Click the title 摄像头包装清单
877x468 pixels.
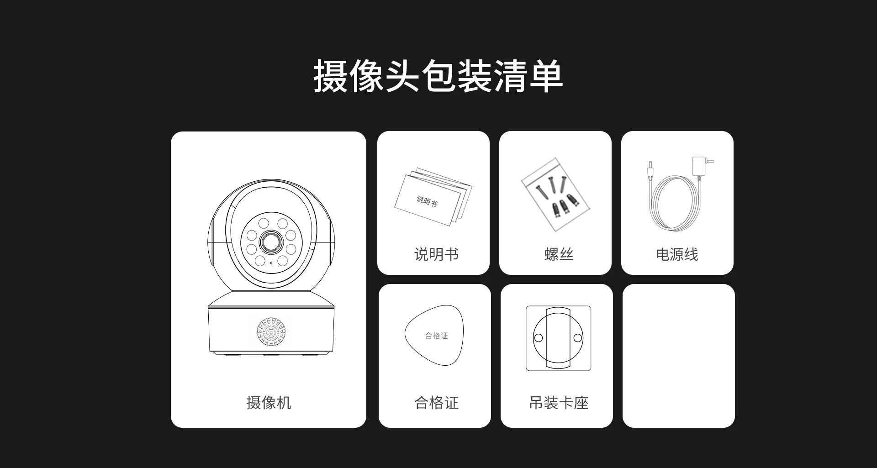pos(438,76)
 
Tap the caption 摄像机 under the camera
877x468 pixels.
pos(269,403)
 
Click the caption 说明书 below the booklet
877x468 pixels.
pos(436,254)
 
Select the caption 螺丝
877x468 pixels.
pos(559,254)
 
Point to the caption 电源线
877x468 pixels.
pos(677,254)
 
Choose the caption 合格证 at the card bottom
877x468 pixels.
pos(436,403)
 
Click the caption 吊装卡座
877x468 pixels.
pos(559,403)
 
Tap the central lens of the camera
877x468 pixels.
pos(271,242)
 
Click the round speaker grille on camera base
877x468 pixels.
pos(271,331)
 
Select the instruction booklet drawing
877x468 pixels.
pos(433,197)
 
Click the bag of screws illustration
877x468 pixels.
pos(555,195)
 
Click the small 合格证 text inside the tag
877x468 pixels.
pos(436,336)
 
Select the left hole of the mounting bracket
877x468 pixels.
pos(539,338)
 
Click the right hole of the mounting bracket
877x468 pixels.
pos(578,338)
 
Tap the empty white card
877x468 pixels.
pos(679,356)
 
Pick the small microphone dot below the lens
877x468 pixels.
pos(271,263)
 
